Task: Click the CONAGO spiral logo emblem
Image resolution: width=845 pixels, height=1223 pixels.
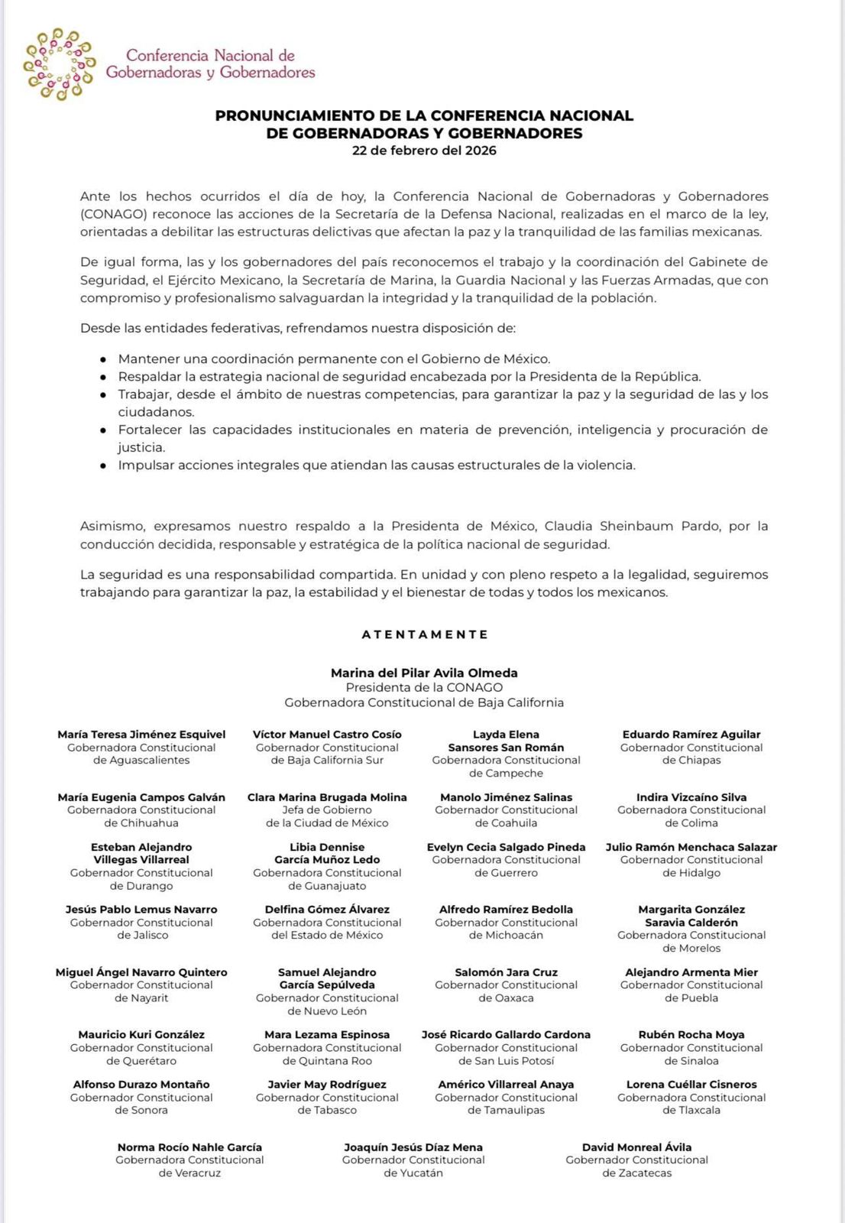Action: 59,64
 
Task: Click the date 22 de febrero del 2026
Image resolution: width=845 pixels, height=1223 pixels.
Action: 424,151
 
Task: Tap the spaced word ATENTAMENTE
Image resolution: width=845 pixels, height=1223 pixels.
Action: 425,634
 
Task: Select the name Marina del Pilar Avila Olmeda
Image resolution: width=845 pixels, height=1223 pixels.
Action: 424,673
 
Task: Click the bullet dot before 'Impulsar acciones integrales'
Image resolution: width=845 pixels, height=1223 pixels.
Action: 103,466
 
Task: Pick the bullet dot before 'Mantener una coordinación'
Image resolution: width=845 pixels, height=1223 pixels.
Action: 103,359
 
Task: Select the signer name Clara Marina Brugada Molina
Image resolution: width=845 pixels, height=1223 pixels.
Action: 327,797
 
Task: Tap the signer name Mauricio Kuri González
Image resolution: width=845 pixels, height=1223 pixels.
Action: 141,1035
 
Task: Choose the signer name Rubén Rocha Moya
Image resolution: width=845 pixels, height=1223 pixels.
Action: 691,1035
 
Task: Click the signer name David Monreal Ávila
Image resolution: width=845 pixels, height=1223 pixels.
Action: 636,1147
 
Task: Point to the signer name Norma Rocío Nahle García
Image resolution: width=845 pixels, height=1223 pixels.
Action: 189,1147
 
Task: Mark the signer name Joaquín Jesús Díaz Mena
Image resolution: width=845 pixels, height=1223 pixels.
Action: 413,1147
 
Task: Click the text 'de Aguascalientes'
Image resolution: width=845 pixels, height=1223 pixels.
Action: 141,761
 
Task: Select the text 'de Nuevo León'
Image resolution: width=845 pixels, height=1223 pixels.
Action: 327,1011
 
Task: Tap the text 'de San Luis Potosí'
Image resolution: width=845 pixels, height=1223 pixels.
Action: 507,1061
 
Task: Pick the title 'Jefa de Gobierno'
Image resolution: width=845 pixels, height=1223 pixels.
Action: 327,810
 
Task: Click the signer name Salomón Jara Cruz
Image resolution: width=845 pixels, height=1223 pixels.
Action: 507,972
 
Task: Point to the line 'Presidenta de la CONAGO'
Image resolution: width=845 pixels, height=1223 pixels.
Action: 424,688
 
